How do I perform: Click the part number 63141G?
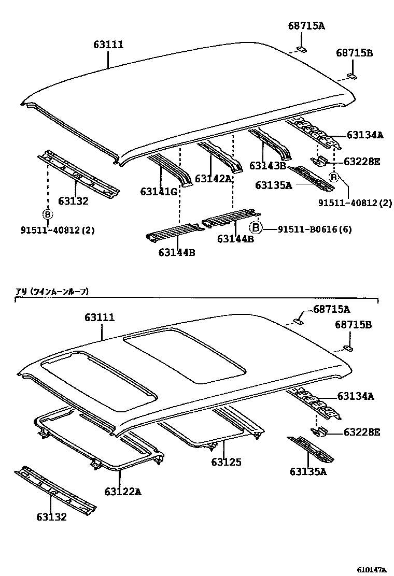(159, 192)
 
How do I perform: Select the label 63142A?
(213, 179)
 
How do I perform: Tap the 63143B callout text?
(268, 166)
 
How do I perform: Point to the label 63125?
(226, 462)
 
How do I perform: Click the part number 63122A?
(123, 491)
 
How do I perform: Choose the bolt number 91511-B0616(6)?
(315, 228)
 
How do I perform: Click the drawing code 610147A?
(371, 570)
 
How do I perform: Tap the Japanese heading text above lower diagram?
(52, 292)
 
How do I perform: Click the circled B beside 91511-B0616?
(255, 227)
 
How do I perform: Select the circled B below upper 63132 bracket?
(47, 214)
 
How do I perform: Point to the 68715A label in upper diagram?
(306, 26)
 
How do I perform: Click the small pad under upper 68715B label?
(352, 77)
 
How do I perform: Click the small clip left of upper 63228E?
(321, 162)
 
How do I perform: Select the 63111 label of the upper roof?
(108, 45)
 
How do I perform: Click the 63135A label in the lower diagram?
(308, 471)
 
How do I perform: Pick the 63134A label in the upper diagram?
(365, 135)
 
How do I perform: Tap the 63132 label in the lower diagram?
(51, 516)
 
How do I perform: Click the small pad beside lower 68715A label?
(299, 321)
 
